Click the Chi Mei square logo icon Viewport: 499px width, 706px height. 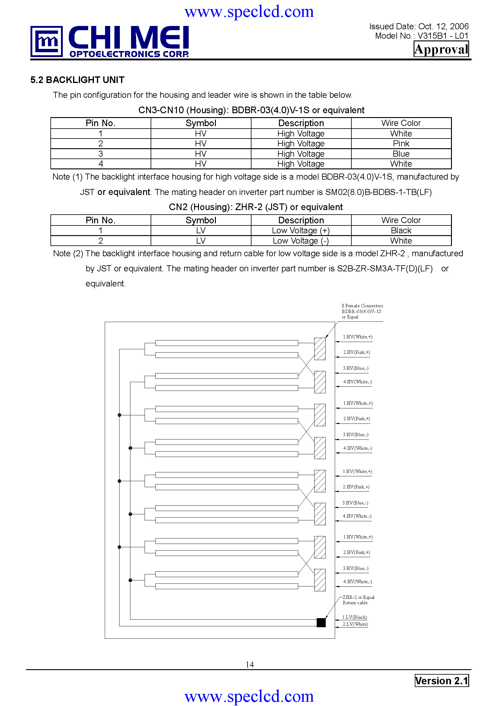(46, 42)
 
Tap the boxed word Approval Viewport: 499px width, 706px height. (441, 49)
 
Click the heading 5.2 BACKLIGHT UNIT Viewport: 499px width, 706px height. (77, 80)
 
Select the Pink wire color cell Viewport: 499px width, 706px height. (401, 144)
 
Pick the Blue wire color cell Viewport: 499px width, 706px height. (401, 154)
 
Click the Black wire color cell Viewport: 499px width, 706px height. (401, 231)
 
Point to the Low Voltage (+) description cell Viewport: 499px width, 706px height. (301, 231)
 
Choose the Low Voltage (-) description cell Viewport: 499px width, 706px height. (301, 241)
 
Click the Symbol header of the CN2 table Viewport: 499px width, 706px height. (201, 220)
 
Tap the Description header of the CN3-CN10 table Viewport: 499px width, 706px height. (301, 123)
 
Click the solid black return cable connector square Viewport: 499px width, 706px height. (321, 622)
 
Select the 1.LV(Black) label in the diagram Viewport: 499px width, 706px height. (354, 617)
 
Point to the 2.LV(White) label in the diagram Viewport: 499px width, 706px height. (355, 624)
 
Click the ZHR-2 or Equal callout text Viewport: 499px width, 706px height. (358, 597)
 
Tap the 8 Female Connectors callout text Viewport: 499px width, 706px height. (362, 306)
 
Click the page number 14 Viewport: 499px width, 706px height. (249, 664)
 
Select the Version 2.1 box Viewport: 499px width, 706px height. (442, 680)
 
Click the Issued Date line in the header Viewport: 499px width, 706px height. (419, 27)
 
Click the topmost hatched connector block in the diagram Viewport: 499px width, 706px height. (320, 349)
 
